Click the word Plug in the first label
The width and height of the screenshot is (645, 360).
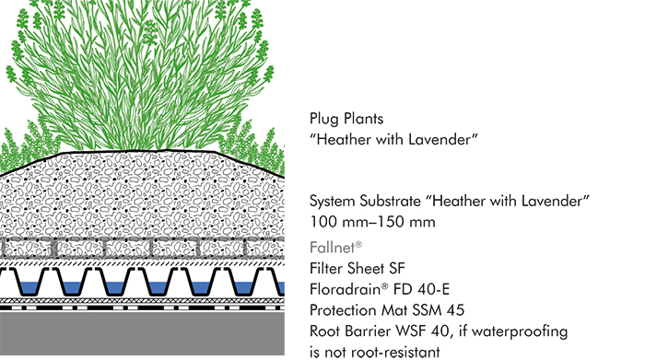pos(324,120)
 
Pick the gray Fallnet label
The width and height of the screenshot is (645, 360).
pos(334,248)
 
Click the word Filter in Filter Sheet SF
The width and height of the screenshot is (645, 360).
pos(326,268)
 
